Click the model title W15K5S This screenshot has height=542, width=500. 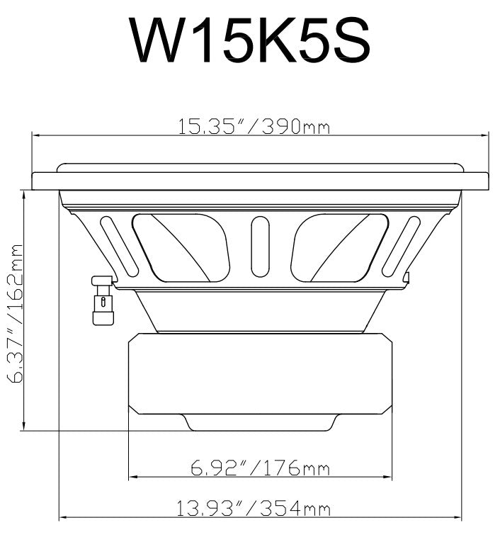tap(250, 42)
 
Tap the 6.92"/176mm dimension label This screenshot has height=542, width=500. tap(261, 468)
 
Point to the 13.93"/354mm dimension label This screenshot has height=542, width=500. tap(254, 508)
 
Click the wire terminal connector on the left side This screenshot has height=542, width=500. tap(103, 300)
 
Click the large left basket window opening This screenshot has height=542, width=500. tap(182, 248)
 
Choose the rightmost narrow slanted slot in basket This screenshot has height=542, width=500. tap(401, 244)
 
